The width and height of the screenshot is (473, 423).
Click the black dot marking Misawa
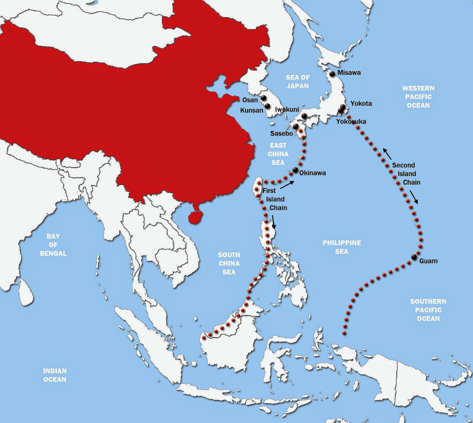(x=332, y=74)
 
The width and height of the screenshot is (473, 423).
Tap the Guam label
(x=428, y=261)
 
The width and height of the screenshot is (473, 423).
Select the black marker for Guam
(x=414, y=257)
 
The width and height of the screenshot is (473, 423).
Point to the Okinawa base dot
(x=295, y=170)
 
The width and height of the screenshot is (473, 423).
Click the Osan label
(x=250, y=100)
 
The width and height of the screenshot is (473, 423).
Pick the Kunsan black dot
(x=268, y=106)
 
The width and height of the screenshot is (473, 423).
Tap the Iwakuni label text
(x=287, y=109)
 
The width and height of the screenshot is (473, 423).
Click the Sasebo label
(x=281, y=134)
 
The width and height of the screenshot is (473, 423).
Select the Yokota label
(x=361, y=103)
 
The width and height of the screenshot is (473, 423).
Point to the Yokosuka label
(x=351, y=121)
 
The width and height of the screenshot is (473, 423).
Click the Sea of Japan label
(x=298, y=82)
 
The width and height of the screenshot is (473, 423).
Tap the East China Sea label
(x=278, y=154)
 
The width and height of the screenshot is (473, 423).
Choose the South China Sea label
(x=229, y=263)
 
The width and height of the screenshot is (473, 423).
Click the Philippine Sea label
(x=341, y=247)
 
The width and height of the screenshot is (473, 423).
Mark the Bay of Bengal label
(x=53, y=245)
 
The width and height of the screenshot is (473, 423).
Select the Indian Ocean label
(x=55, y=375)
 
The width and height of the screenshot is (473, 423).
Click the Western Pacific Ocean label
(x=418, y=97)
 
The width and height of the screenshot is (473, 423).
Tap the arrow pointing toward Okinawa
(x=287, y=185)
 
